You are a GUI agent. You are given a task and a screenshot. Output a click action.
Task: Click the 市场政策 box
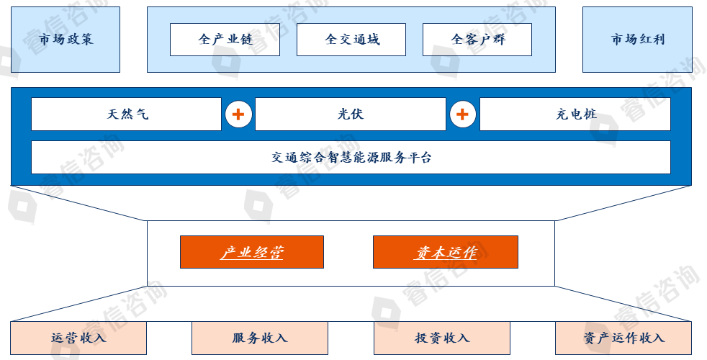(66, 40)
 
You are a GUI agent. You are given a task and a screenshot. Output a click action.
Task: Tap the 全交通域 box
(351, 40)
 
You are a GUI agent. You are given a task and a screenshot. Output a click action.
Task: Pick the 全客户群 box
(477, 40)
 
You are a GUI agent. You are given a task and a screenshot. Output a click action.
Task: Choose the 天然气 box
(126, 114)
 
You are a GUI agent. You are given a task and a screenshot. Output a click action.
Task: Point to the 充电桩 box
(575, 114)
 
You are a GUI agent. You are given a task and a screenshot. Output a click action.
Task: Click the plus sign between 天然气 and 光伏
(238, 114)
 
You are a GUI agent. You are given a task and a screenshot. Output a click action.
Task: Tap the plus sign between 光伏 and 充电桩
(462, 114)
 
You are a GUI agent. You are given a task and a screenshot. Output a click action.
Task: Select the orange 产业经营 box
(252, 252)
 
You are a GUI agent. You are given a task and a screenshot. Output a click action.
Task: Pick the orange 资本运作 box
(445, 252)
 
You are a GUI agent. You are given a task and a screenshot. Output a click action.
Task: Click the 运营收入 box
(78, 338)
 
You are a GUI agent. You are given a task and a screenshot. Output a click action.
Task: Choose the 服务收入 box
(259, 338)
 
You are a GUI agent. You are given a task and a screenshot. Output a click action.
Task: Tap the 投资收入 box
(441, 338)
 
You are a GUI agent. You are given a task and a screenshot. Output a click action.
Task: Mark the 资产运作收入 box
(623, 338)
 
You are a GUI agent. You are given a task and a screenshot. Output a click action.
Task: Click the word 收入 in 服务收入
(273, 338)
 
